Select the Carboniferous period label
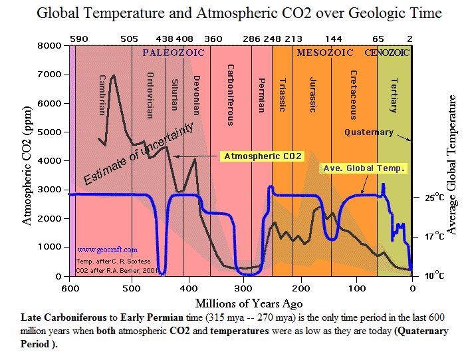[x=230, y=94]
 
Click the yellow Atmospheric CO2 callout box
[x=263, y=156]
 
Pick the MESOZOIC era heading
[x=325, y=51]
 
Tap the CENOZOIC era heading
[x=388, y=51]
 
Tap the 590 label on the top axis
[x=78, y=39]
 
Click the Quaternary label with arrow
[x=368, y=132]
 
